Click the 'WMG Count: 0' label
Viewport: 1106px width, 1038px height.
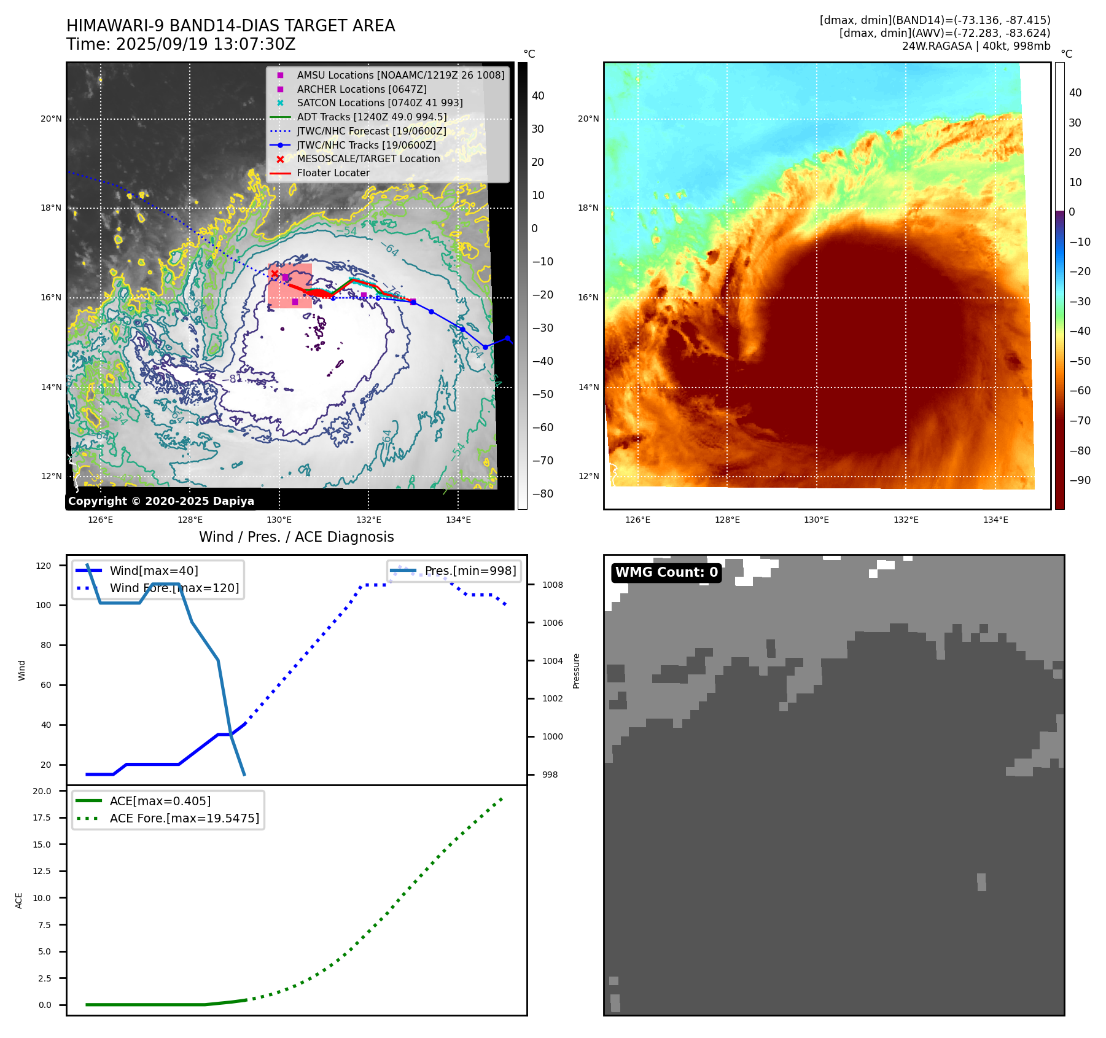(666, 572)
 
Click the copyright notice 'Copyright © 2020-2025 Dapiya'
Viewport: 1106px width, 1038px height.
(161, 501)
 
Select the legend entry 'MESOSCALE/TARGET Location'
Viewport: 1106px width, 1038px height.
(368, 159)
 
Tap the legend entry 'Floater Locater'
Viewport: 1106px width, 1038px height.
(333, 173)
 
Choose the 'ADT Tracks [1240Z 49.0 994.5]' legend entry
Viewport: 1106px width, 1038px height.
(372, 117)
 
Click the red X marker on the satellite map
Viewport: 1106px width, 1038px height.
(275, 274)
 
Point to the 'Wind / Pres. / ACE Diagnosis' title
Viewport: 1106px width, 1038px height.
(296, 537)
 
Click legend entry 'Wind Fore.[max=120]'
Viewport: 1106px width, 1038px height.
(174, 588)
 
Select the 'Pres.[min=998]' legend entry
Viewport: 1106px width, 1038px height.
(470, 571)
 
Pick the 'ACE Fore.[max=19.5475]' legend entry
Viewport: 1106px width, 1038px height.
(184, 818)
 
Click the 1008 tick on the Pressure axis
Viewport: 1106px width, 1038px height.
(552, 585)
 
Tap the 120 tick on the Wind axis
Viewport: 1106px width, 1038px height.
(44, 566)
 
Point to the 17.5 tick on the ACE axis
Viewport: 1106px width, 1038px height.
(42, 818)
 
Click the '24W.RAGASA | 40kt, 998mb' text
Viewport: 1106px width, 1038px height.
(976, 46)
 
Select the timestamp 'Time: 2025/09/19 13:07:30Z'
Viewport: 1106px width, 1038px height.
(181, 44)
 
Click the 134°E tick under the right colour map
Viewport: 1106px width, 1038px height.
(995, 520)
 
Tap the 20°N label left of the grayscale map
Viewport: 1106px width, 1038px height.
(51, 119)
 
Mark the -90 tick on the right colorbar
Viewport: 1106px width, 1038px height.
(1080, 480)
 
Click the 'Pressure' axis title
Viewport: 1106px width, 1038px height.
(576, 671)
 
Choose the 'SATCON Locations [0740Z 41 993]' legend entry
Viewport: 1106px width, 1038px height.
(380, 103)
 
